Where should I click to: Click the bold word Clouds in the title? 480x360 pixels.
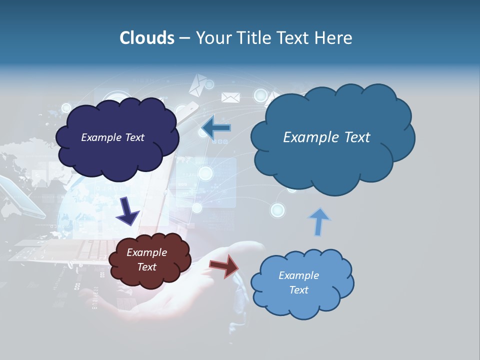pos(146,38)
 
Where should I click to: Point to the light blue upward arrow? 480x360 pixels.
pos(318,221)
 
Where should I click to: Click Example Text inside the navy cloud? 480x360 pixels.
pos(112,137)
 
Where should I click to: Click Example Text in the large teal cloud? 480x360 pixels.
pos(326,137)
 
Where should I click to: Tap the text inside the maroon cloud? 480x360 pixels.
pos(146,260)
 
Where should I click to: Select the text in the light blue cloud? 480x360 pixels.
pos(298,282)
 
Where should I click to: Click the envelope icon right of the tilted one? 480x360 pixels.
pos(231,97)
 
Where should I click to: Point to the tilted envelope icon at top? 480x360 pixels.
pos(197,85)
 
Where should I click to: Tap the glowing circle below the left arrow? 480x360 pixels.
pos(205,173)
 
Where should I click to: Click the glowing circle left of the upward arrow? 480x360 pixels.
pos(277,210)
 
